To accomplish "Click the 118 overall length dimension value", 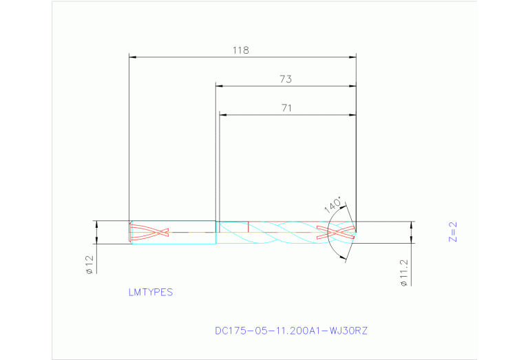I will (x=240, y=50).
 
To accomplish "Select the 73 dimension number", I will (x=286, y=79).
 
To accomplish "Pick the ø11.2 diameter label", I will (x=404, y=273).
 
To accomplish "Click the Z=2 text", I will (x=452, y=233).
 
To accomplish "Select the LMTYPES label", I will (x=151, y=292).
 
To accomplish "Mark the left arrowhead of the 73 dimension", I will (x=220, y=85).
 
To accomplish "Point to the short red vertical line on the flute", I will (x=247, y=226).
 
